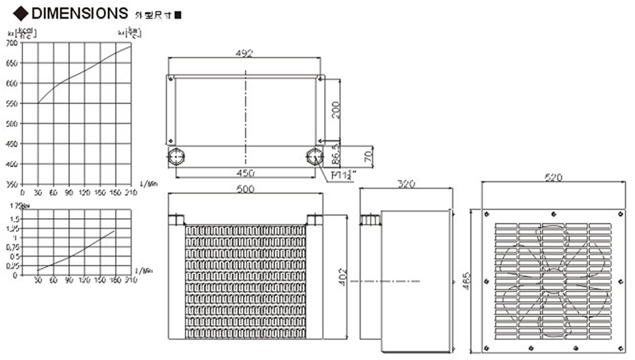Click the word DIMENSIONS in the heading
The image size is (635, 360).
79,12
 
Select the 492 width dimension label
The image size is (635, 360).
244,53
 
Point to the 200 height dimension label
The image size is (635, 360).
335,110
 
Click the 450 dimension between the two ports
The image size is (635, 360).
246,173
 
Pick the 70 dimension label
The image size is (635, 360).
369,156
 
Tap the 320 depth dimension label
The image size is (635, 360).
406,184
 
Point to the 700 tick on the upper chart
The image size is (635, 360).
12,43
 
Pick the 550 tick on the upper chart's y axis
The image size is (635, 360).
12,104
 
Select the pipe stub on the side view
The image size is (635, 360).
370,219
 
